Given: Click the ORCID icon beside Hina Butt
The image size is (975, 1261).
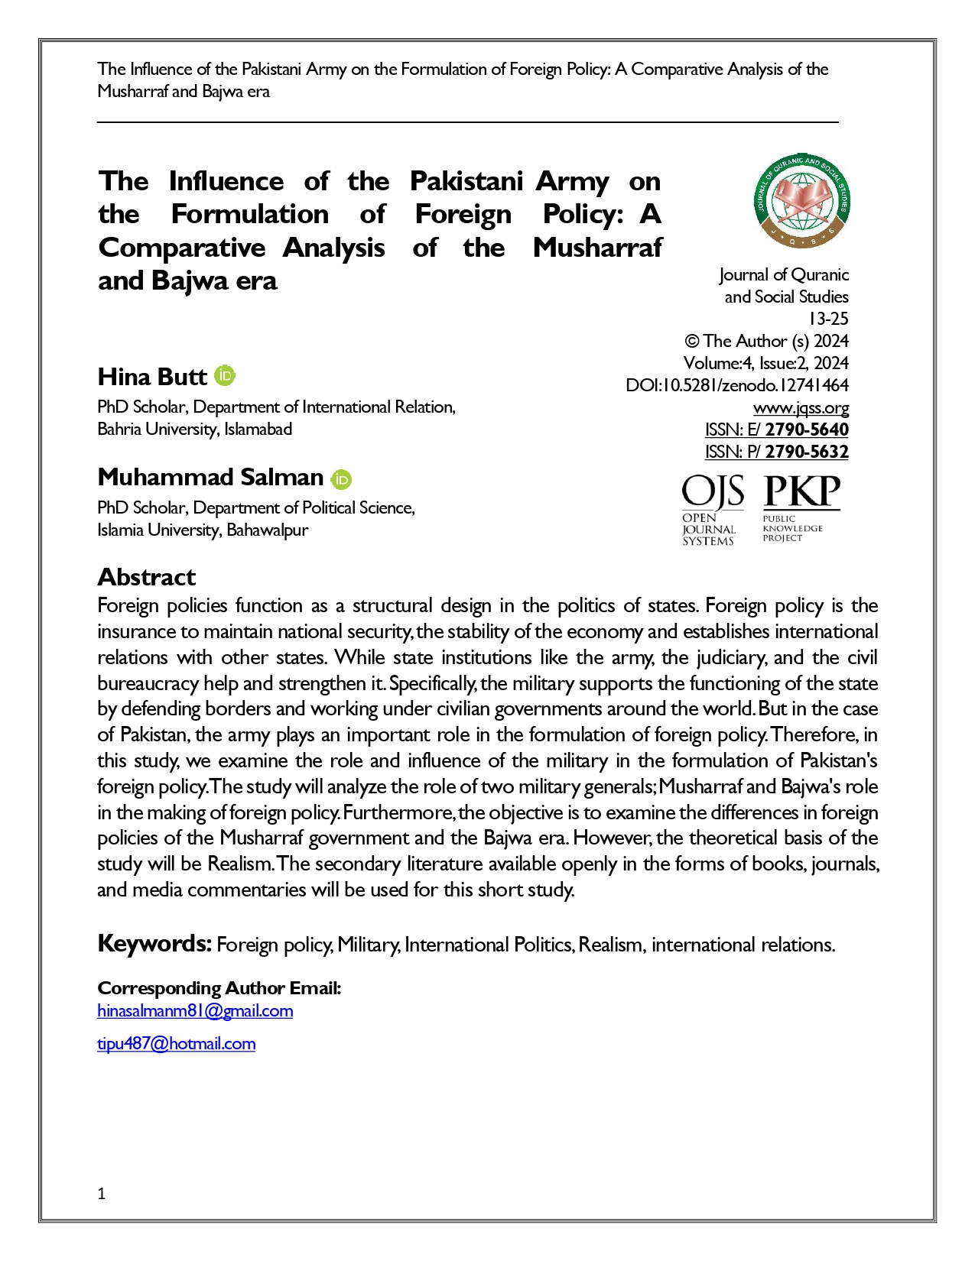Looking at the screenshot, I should tap(225, 376).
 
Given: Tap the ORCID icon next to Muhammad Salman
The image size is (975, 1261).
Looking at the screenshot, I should tap(341, 479).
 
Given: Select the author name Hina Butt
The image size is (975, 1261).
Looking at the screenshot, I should tap(152, 377).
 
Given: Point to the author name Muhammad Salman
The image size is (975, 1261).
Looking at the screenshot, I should tap(210, 478).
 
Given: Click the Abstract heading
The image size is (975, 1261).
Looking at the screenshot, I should tap(146, 577).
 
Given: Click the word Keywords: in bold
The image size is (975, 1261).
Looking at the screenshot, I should tap(154, 944).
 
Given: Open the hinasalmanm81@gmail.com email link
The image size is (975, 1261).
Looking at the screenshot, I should tap(195, 1011).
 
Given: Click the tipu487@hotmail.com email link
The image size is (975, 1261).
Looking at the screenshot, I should tap(176, 1044).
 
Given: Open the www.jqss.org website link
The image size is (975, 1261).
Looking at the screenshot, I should tap(801, 407).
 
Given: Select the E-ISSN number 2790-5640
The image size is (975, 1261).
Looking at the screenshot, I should tap(807, 430).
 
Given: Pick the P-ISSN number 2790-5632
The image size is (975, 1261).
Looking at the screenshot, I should tap(807, 452).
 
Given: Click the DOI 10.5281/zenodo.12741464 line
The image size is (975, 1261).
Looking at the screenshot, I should tap(737, 385).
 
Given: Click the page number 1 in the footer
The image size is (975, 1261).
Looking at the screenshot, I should tap(102, 1194).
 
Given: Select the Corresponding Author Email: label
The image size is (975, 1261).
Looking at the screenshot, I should tap(219, 988).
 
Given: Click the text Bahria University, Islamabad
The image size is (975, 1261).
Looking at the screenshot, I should tap(194, 430).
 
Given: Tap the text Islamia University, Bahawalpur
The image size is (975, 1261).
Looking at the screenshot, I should tap(203, 530).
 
